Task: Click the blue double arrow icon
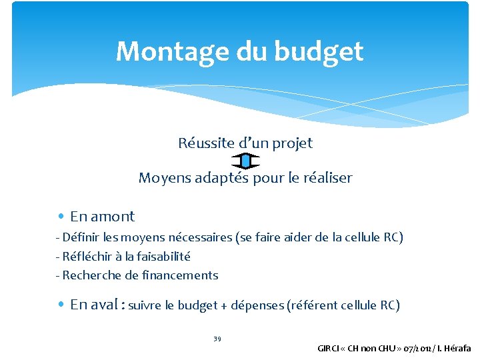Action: coord(245,161)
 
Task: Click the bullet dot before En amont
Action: coord(61,216)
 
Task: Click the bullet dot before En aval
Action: coord(61,305)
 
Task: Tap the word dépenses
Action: coord(256,305)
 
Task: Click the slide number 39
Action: coord(217,339)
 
